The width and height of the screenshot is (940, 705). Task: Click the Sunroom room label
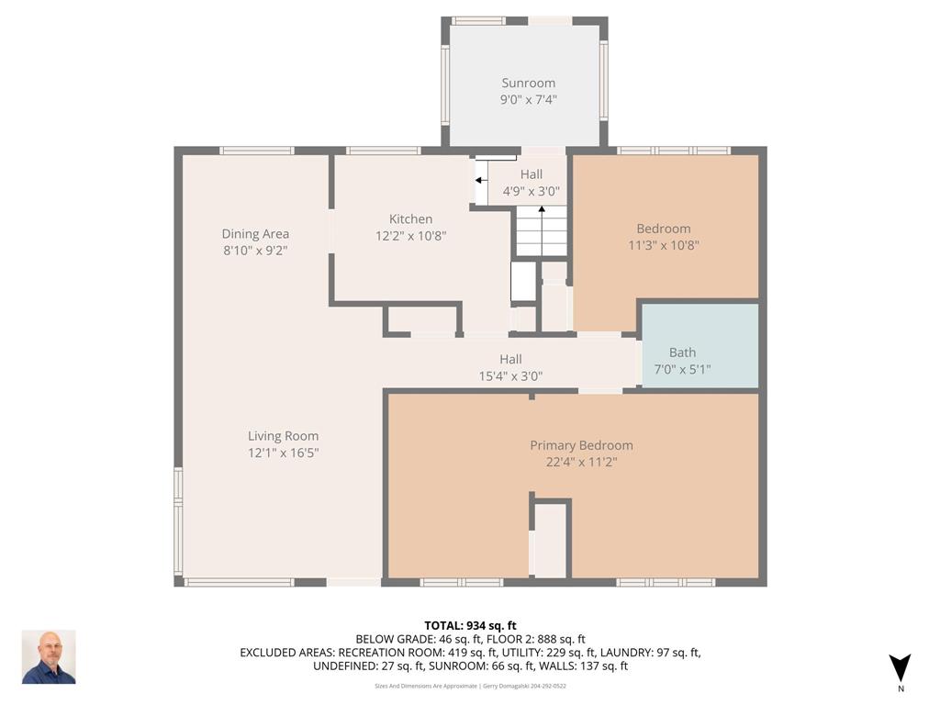click(x=528, y=84)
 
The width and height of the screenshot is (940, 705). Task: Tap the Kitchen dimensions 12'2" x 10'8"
click(x=410, y=236)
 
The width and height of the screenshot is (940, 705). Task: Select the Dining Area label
click(x=255, y=234)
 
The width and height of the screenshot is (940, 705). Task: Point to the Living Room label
click(x=283, y=436)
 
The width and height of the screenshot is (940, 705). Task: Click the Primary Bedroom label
click(x=581, y=445)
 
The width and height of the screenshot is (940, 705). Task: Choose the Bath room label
click(x=682, y=352)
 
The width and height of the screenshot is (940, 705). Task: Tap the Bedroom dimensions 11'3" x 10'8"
click(x=664, y=245)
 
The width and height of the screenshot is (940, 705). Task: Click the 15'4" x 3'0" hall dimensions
click(x=510, y=376)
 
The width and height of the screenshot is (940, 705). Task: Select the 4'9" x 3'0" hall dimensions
click(x=532, y=192)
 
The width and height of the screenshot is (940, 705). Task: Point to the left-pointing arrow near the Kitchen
click(x=481, y=180)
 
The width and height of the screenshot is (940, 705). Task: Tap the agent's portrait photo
click(x=50, y=657)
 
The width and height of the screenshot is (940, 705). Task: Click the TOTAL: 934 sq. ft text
click(x=471, y=626)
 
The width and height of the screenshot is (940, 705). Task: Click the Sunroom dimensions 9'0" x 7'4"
click(x=528, y=99)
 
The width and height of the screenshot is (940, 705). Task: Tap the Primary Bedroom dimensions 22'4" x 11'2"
click(x=581, y=463)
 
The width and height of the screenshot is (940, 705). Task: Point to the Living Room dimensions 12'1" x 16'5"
click(x=283, y=453)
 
